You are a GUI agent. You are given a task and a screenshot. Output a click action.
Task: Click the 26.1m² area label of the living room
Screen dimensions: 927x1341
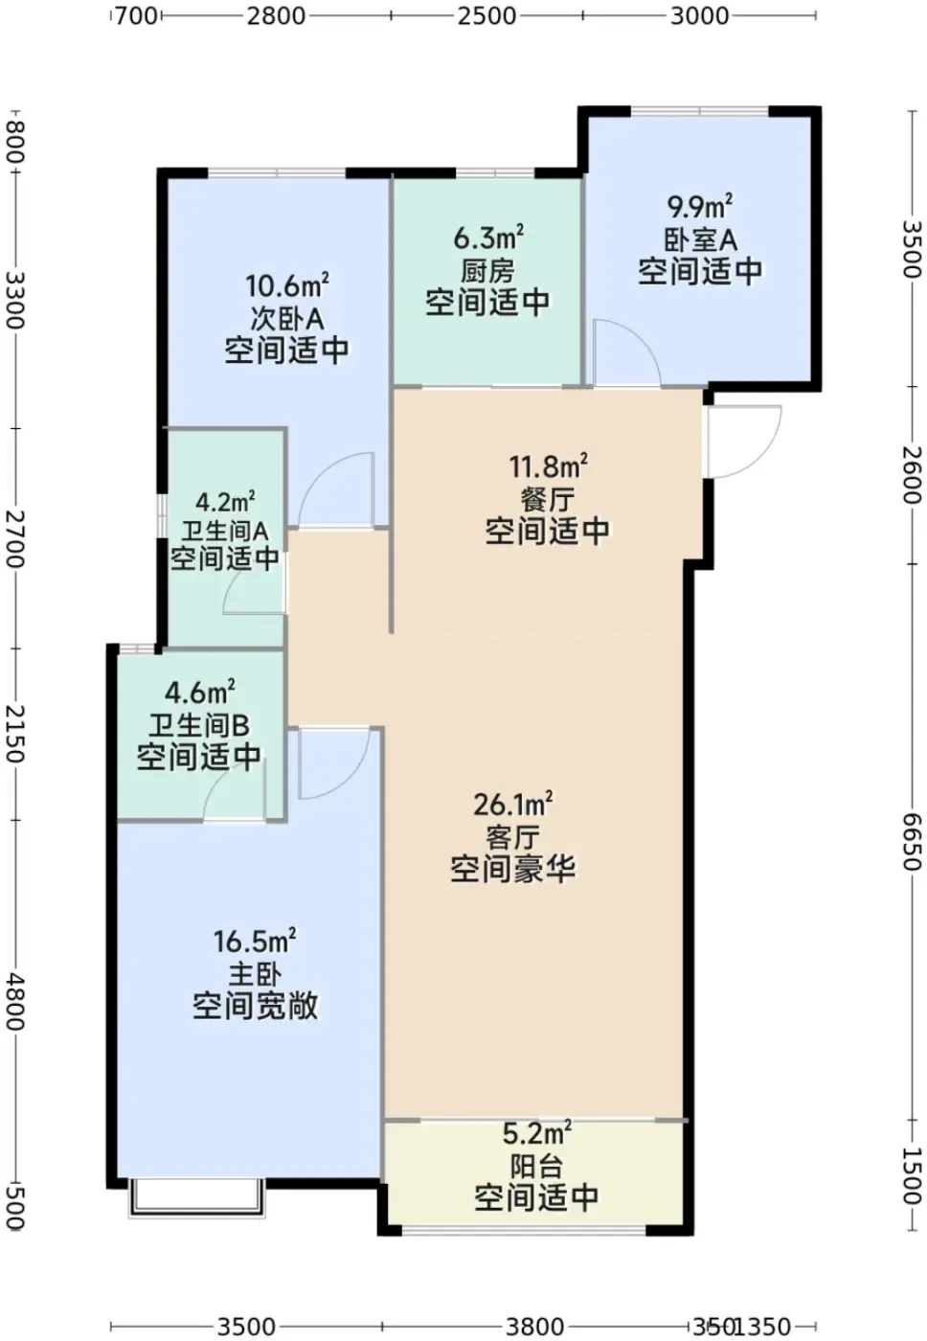tap(512, 805)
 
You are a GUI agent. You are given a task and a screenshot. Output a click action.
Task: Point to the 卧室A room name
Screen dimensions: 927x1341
tap(700, 240)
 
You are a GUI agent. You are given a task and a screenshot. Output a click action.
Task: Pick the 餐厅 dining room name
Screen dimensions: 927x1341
tap(548, 499)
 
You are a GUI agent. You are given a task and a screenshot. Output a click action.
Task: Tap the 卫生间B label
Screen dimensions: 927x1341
tap(198, 727)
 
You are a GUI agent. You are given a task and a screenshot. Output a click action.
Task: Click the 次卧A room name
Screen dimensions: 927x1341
tap(286, 319)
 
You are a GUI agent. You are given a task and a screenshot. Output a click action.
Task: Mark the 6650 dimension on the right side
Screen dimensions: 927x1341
tap(911, 841)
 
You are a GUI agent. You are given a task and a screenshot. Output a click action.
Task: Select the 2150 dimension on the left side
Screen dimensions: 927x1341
tap(15, 733)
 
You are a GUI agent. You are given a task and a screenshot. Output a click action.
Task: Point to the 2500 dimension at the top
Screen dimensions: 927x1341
tap(486, 15)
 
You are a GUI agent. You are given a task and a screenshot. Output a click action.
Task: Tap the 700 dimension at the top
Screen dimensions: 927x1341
tap(136, 15)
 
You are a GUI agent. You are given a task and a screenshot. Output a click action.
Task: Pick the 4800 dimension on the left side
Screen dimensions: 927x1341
tap(15, 1002)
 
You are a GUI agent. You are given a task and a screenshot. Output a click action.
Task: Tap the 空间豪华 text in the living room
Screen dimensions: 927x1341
tap(512, 870)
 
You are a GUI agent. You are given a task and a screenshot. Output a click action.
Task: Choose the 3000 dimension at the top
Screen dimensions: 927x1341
tap(699, 15)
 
